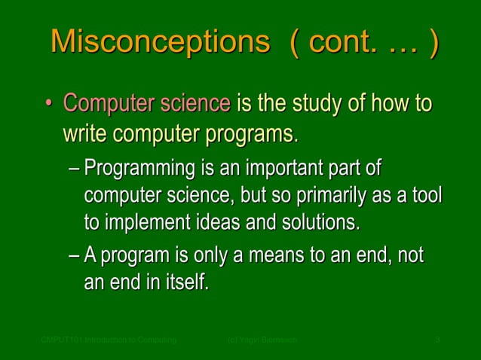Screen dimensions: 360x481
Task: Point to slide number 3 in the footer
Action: tap(438, 341)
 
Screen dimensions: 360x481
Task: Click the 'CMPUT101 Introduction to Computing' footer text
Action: tap(109, 341)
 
